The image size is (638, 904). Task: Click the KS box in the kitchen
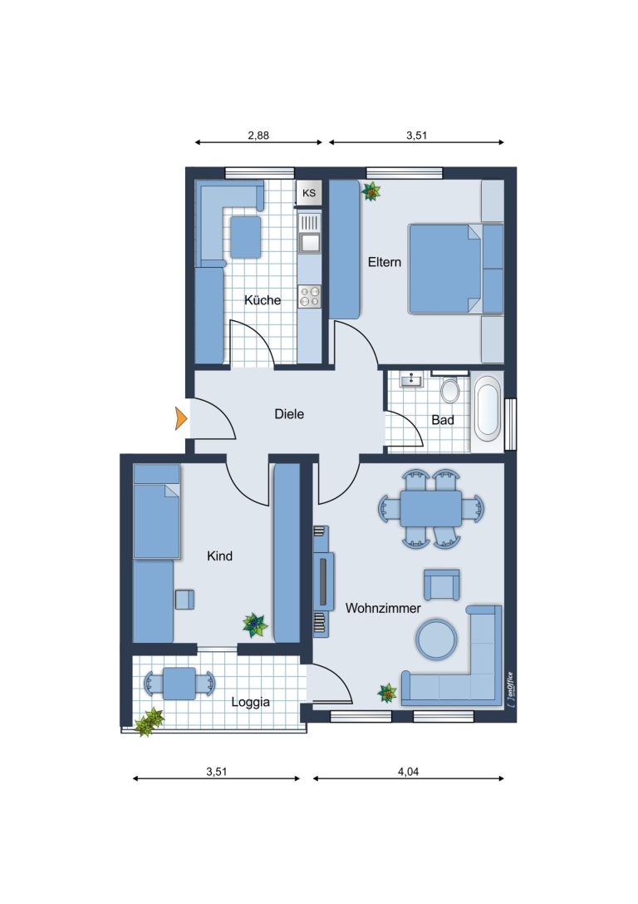click(x=309, y=193)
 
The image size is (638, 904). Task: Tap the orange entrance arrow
click(x=181, y=418)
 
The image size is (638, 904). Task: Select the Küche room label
click(x=263, y=299)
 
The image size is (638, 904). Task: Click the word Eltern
click(x=385, y=262)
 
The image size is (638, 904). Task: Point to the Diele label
click(x=289, y=414)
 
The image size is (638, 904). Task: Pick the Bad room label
click(x=443, y=420)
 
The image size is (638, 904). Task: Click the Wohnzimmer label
click(x=383, y=608)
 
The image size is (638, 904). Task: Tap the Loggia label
click(x=251, y=702)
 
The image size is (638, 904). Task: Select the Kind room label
click(x=220, y=556)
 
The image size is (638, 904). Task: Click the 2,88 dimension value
click(x=258, y=136)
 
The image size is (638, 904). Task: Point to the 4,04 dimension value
click(x=408, y=772)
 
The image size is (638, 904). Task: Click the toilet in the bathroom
click(x=449, y=389)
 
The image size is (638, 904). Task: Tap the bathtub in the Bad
click(x=487, y=406)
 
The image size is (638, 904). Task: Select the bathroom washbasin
click(x=412, y=380)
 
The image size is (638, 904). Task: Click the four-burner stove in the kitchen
click(x=310, y=296)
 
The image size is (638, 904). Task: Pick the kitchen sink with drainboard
click(x=310, y=233)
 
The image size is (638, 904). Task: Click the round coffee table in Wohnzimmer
click(x=436, y=639)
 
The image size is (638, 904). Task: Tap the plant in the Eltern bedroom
click(x=371, y=190)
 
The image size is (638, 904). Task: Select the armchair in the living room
click(x=442, y=585)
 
